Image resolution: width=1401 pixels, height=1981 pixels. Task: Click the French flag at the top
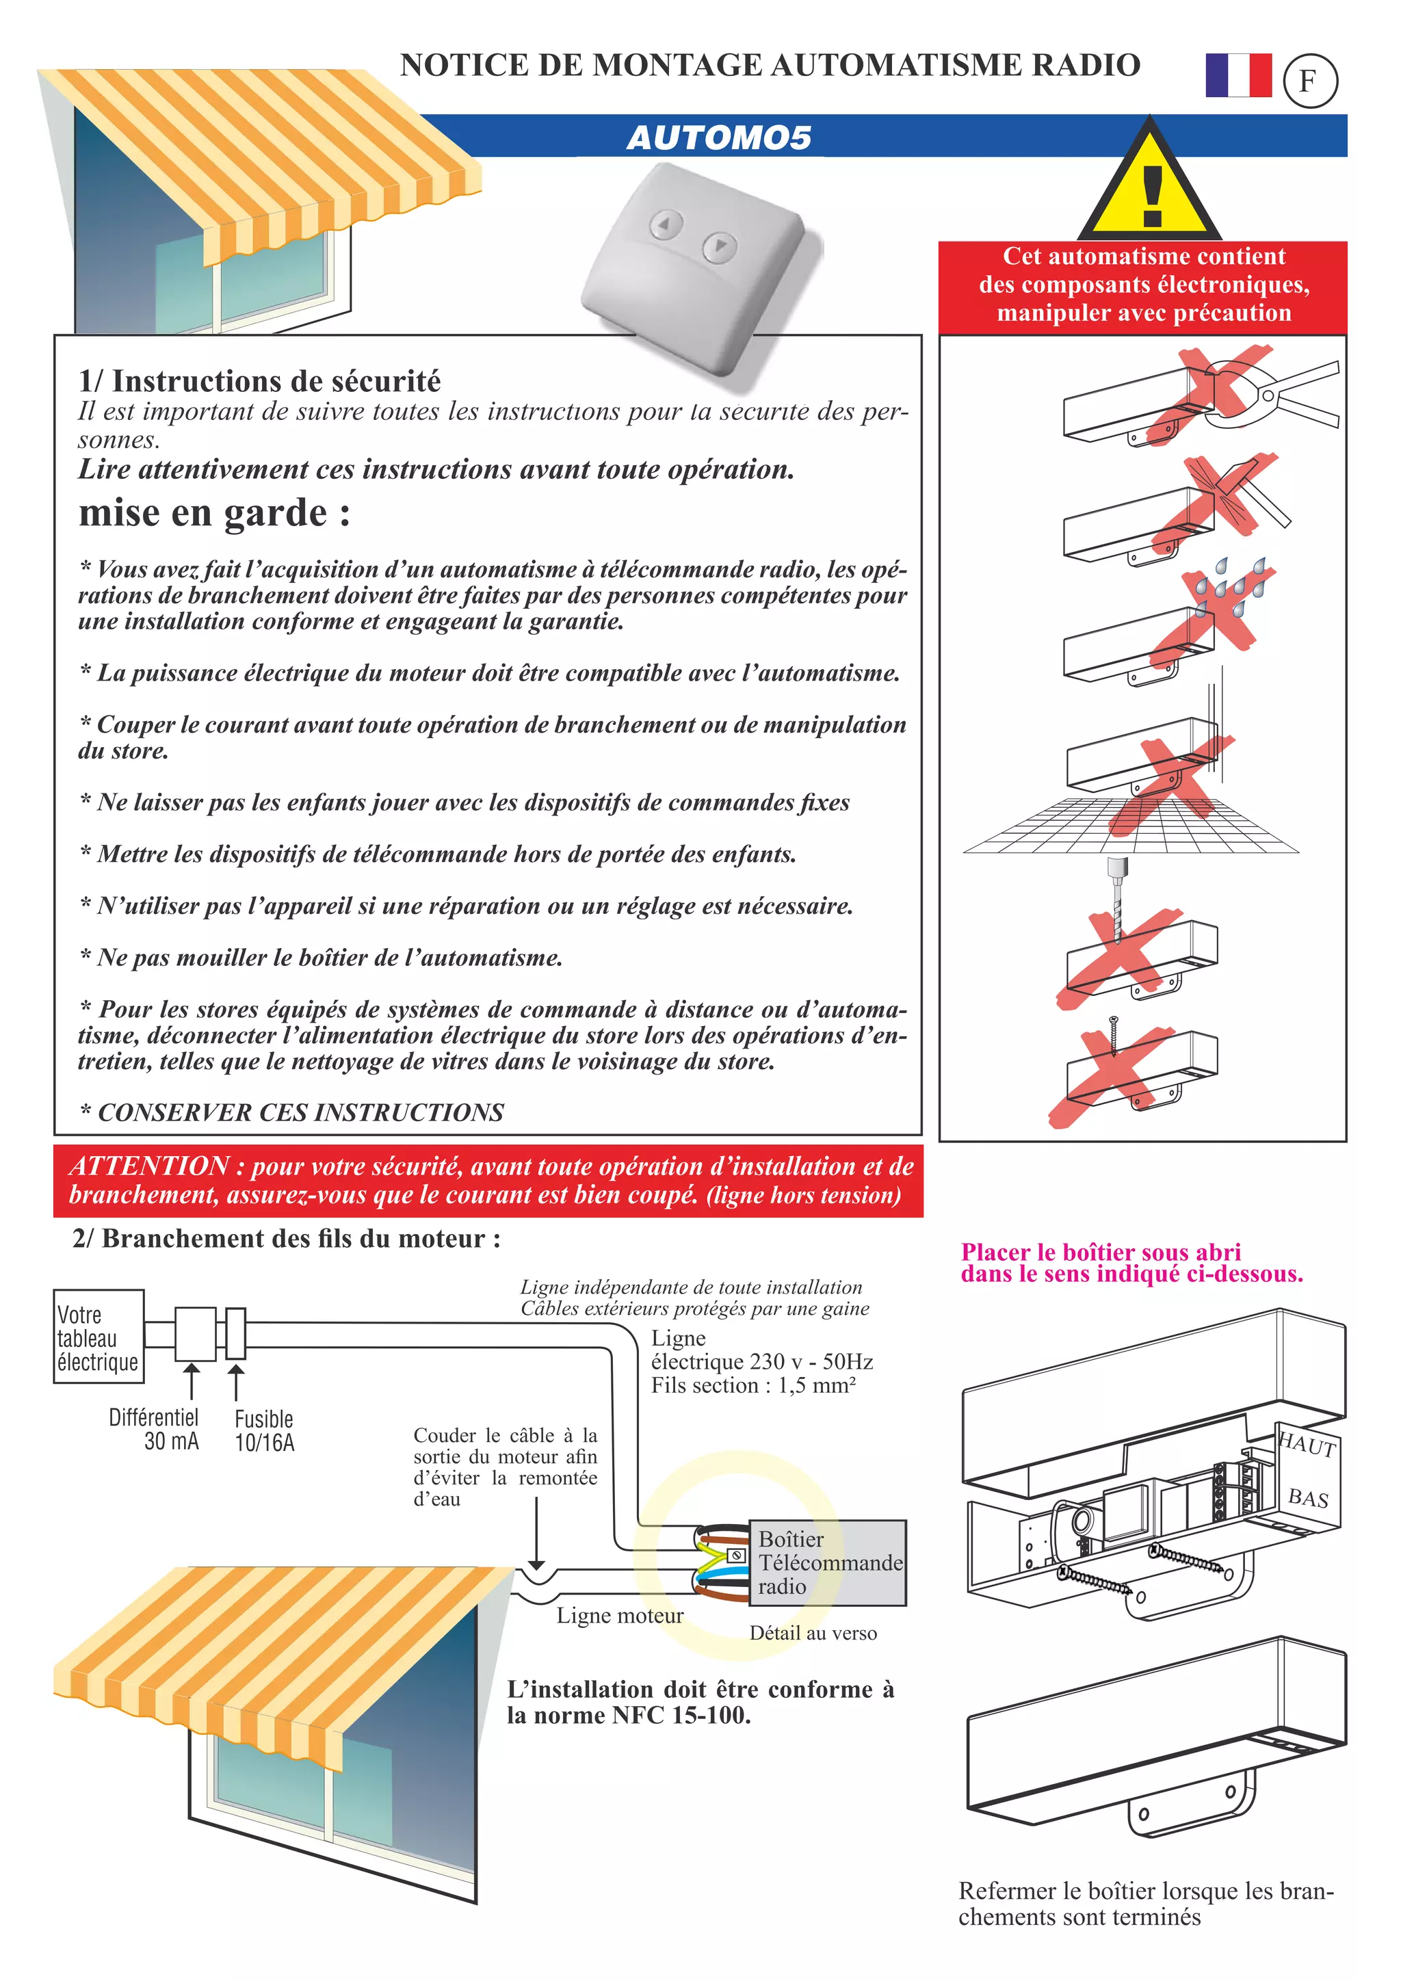coord(1238,75)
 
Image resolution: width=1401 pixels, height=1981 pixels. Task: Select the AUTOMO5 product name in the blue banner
coord(718,138)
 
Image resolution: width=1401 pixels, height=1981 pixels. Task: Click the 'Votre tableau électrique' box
coord(98,1337)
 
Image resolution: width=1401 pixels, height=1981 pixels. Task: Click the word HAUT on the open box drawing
coord(1308,1445)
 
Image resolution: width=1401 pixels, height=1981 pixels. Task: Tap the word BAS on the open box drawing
coord(1308,1498)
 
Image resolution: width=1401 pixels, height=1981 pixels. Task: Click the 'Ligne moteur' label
coord(619,1615)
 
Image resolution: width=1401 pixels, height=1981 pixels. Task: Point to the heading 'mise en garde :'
coord(215,513)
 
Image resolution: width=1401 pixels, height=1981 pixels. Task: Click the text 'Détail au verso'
coord(813,1634)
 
